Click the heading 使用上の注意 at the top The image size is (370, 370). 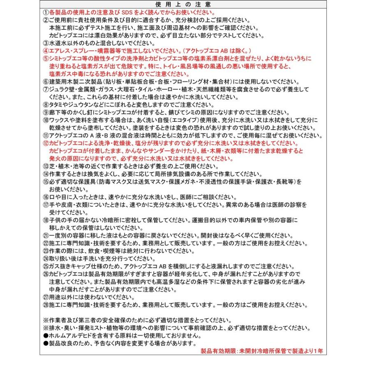[185, 5]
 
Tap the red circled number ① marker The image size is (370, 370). [46, 13]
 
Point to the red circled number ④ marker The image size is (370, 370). [46, 51]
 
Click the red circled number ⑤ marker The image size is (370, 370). [46, 58]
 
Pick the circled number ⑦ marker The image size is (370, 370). [46, 89]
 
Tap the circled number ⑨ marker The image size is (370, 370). [46, 112]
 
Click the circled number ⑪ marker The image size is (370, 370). [46, 136]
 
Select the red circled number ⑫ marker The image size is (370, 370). [46, 143]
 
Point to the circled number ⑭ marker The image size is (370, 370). [46, 174]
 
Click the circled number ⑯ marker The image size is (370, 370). [46, 197]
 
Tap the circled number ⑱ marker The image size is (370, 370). [46, 220]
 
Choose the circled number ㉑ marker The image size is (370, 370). [46, 236]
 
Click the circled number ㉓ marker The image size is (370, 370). [46, 251]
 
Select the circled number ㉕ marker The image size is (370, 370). [46, 266]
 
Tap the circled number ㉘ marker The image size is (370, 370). [46, 305]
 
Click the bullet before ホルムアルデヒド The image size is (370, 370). [46, 335]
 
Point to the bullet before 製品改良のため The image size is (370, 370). [46, 343]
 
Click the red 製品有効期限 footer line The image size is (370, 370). [262, 351]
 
